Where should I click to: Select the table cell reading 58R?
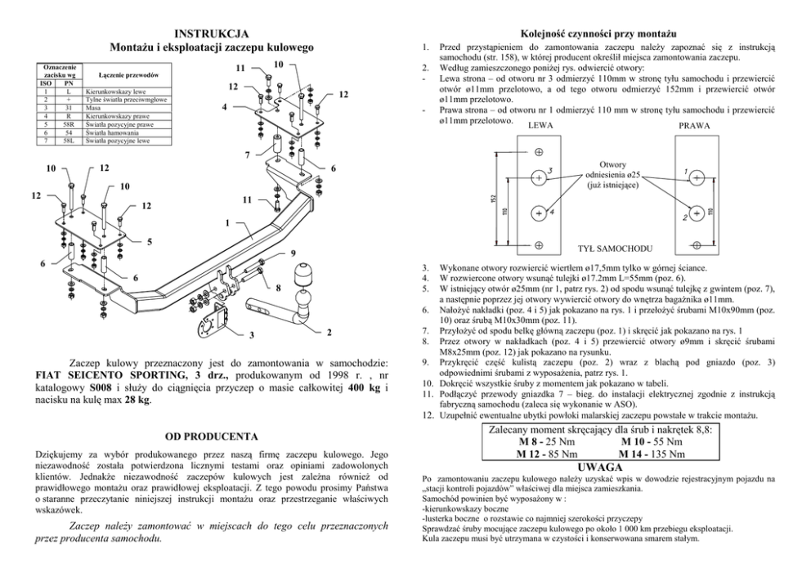tap(69, 124)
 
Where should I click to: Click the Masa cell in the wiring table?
tap(93, 107)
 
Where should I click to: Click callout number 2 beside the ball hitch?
tap(328, 332)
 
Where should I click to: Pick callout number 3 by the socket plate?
tap(251, 335)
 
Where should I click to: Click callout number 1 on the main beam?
tap(227, 222)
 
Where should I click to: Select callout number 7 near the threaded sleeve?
tap(248, 154)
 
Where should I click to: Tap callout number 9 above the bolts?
tap(293, 254)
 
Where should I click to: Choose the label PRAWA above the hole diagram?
tap(694, 126)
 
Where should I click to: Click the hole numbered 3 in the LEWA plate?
tap(539, 177)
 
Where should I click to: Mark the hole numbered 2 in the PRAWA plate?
tap(696, 211)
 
